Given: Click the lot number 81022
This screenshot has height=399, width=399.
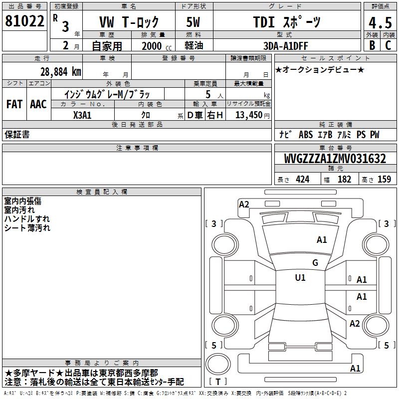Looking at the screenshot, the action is point(24,21).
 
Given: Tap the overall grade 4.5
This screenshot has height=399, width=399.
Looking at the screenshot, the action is point(380,22).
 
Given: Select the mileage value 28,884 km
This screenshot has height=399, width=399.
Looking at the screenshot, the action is point(61,72).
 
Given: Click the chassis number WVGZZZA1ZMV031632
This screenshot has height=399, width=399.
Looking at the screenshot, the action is point(335,159).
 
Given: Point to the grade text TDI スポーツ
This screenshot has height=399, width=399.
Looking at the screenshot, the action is point(287,22).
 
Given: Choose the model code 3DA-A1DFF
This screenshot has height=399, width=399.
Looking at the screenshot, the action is point(285,46).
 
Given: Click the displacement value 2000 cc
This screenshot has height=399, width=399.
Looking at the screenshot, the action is point(157,46).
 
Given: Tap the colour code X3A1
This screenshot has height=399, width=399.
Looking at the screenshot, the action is point(82,115).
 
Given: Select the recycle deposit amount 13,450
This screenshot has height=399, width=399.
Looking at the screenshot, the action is point(249,115).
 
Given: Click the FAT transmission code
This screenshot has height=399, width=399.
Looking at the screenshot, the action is point(14,104).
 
